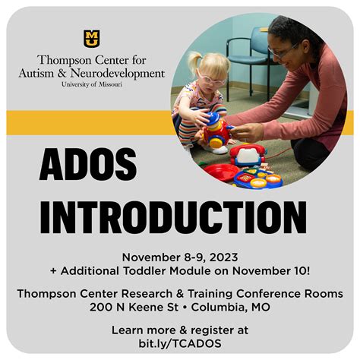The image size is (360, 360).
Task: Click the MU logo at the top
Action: [x=91, y=38]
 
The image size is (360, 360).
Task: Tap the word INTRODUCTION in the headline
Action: [x=173, y=216]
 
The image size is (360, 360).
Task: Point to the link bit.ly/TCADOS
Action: [x=180, y=343]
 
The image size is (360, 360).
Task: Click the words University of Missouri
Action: [x=91, y=84]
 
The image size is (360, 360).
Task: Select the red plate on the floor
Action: [x=220, y=171]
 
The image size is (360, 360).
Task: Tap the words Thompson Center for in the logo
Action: [x=91, y=60]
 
